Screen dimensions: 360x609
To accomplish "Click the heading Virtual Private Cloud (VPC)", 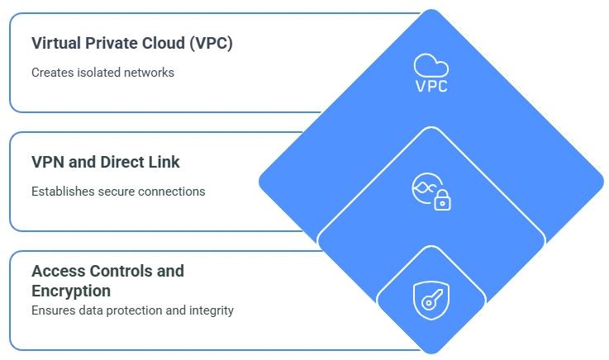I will point(132,44).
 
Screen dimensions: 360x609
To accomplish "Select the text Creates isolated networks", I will point(102,73).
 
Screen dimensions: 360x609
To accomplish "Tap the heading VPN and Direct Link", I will point(106,162).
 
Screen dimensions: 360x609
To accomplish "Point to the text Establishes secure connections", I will point(118,192).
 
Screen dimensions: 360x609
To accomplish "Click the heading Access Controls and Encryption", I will point(107,281).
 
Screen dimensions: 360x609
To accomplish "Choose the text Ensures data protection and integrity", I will point(132,310).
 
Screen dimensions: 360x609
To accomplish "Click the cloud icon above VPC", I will point(431,64).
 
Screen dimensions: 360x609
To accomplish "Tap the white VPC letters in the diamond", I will point(431,85).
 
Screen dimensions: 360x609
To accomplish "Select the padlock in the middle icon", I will point(443,200).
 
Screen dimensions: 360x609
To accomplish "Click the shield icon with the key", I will point(431,299).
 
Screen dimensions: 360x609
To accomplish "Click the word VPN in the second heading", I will point(49,162).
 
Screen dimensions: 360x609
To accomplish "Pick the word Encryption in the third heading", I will point(71,291).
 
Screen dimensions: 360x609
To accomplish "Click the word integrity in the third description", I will point(212,310).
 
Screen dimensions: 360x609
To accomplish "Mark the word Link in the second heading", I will point(163,162).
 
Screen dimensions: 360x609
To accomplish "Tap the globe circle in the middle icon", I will point(425,187).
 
